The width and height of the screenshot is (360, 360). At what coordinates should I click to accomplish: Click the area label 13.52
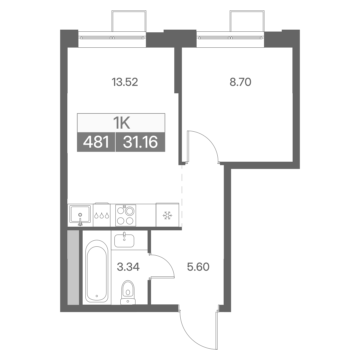pos(125,82)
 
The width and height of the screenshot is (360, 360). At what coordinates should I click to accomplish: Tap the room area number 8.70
pos(240,82)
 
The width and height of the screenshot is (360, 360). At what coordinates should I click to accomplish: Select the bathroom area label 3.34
pos(128,267)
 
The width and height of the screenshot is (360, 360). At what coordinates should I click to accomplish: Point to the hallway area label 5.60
pos(198,267)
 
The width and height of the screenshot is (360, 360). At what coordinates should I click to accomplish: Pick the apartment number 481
pos(96,142)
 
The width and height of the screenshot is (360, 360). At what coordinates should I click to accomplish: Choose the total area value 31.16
pos(140,142)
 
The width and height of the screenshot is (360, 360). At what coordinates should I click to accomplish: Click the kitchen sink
pos(80,215)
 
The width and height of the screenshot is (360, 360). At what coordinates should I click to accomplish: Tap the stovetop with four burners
pos(126,215)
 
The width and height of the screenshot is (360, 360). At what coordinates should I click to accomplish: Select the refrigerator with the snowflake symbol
pos(167,215)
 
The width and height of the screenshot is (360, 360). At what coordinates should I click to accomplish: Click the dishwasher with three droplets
pos(101,215)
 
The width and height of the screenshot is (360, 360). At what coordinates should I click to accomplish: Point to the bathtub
pos(97,271)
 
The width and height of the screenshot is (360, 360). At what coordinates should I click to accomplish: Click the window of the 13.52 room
pos(112,38)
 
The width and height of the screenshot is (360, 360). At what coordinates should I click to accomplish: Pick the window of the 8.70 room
pos(231,38)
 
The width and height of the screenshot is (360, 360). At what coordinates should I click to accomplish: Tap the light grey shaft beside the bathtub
pos(73,268)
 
